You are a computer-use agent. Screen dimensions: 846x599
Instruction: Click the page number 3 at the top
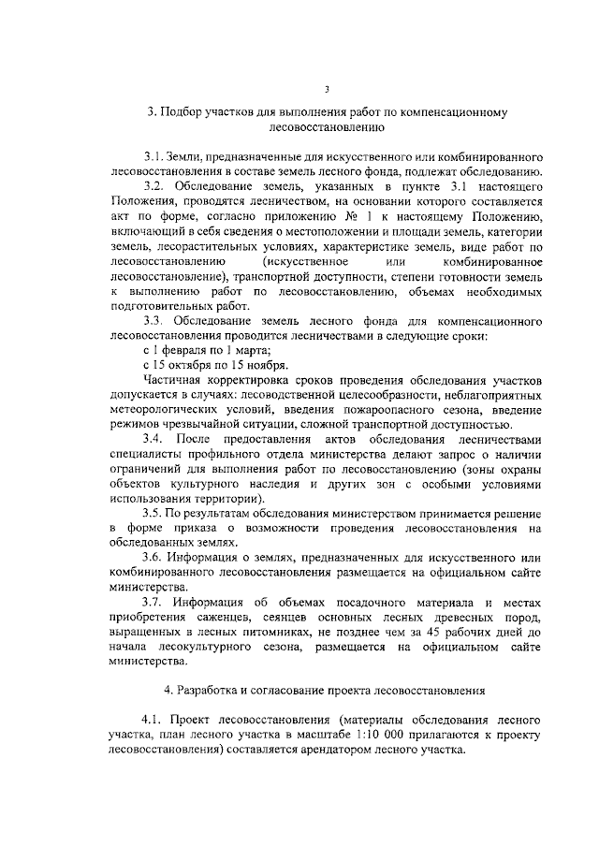[327, 90]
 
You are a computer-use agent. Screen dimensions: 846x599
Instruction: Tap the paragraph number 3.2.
[154, 185]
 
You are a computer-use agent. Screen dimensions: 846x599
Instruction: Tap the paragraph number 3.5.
[153, 515]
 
